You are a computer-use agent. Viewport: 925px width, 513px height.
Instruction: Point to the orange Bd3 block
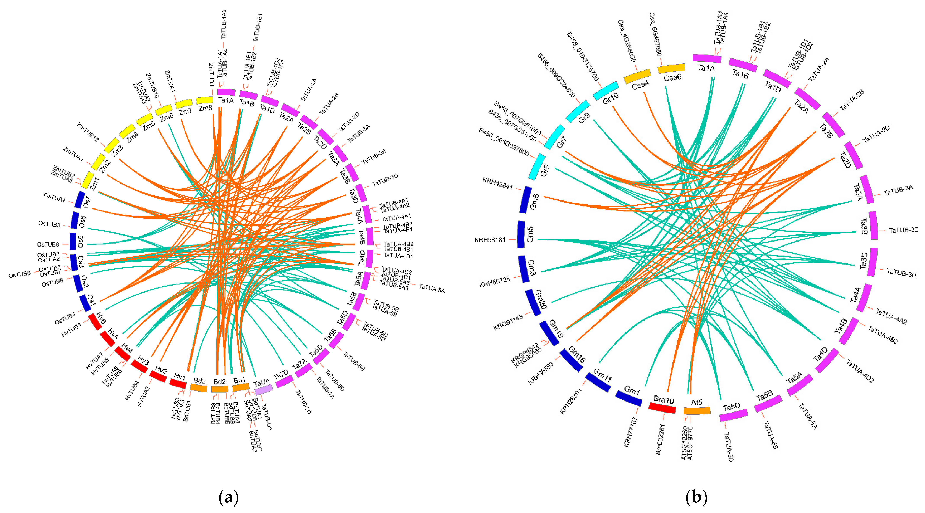199,388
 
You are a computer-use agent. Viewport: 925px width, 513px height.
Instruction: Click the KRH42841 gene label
497,183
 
